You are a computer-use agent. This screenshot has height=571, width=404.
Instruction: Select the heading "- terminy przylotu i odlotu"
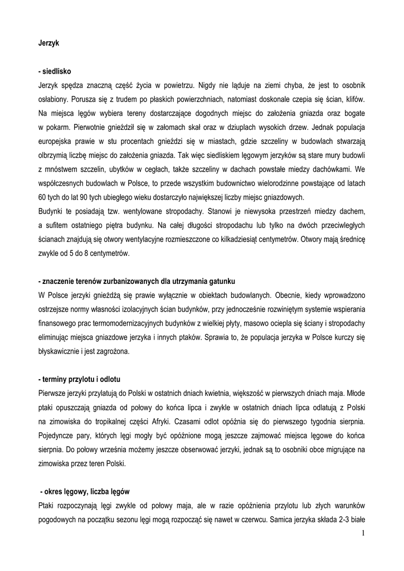(x=83, y=380)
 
